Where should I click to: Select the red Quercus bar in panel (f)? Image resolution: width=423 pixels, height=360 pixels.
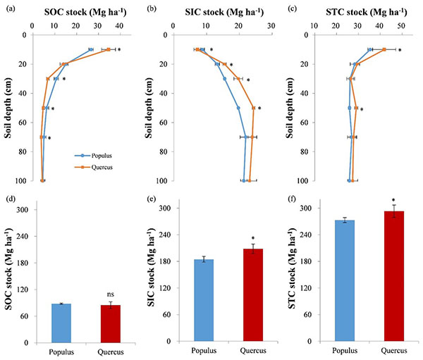click(393, 276)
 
